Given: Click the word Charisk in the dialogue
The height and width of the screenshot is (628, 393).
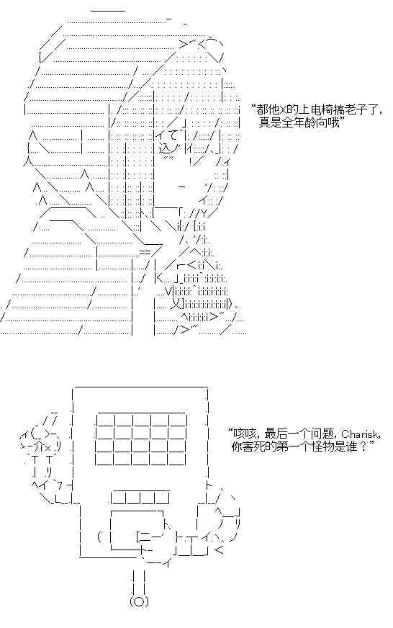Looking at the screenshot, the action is click(359, 434).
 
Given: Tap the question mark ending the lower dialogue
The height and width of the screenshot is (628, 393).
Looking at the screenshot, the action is click(363, 447).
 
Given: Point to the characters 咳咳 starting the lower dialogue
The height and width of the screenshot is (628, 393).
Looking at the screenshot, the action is click(243, 434).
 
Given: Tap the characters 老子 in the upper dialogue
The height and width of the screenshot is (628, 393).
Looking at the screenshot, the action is click(355, 109).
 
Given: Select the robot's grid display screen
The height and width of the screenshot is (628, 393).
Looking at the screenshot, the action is click(141, 439).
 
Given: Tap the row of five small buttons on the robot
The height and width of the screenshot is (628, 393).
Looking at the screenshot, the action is click(139, 498).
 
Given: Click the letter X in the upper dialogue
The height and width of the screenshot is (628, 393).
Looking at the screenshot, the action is click(282, 109).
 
